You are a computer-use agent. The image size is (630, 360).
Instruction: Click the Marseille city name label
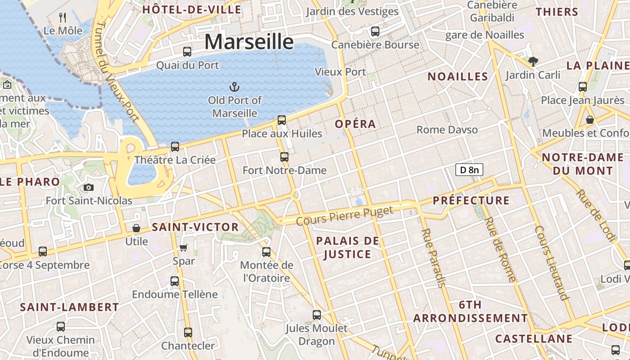(249, 42)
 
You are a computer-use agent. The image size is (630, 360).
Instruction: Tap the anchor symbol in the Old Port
(234, 87)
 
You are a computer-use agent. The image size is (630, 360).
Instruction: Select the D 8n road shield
(469, 170)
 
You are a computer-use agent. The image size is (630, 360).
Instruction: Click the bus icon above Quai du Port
(187, 52)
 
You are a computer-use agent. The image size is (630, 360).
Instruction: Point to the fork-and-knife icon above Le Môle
(63, 18)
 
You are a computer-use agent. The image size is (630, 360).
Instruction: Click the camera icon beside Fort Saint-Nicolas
(89, 187)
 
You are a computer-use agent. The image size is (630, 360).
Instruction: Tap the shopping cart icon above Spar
(184, 247)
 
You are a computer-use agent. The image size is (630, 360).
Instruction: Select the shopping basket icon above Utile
(136, 228)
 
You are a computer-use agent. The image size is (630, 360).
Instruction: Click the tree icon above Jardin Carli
(533, 61)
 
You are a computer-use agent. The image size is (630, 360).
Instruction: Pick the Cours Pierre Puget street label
(345, 215)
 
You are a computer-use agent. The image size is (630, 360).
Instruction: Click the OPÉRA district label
(355, 124)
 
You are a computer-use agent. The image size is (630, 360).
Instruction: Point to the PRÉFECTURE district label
(471, 201)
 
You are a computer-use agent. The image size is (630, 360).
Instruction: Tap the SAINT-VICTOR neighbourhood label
(195, 227)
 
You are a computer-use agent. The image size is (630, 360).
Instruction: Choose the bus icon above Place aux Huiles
(282, 120)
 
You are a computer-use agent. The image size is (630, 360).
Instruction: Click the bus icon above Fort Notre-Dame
(284, 157)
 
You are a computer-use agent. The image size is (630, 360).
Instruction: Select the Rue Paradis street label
(433, 258)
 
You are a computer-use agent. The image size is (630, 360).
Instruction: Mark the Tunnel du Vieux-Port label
(117, 72)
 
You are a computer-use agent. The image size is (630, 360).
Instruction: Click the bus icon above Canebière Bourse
(375, 31)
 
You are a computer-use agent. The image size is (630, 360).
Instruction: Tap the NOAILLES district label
(458, 76)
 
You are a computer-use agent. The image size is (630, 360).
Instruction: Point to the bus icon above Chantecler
(188, 333)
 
